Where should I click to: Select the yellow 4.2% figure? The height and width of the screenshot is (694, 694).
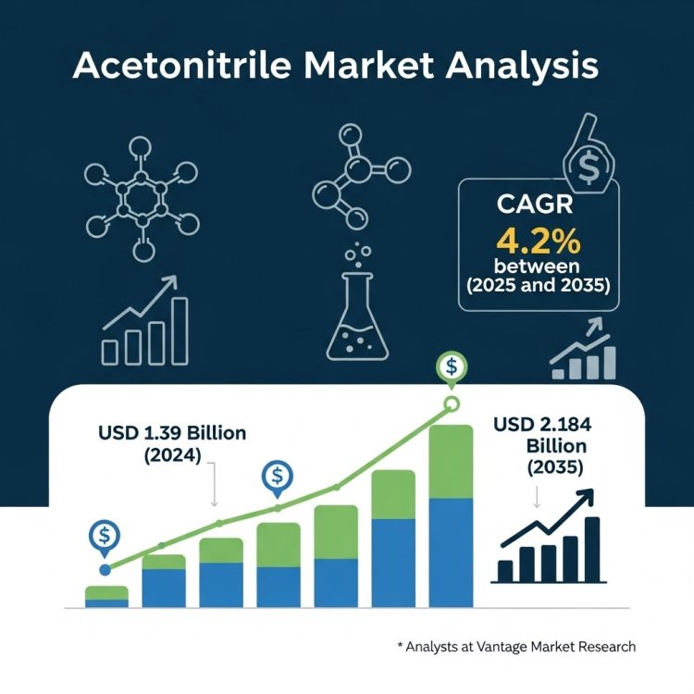(538, 242)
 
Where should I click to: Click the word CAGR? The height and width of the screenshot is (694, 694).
(538, 204)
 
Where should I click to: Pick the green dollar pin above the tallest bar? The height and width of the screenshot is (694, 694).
(451, 366)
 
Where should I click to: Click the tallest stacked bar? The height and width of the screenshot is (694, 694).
(451, 515)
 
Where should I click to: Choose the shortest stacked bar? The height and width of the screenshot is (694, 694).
(106, 596)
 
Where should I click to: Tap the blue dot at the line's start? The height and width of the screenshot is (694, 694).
(105, 570)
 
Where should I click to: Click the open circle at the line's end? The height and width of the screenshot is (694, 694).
(451, 403)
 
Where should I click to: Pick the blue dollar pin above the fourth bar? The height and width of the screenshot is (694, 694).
(277, 477)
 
